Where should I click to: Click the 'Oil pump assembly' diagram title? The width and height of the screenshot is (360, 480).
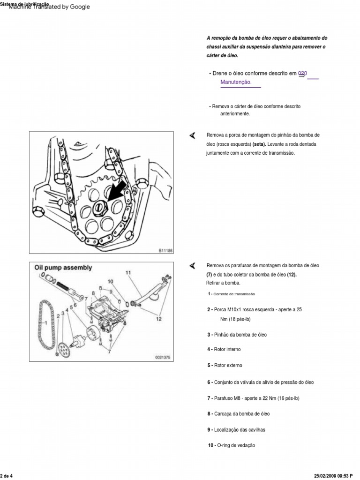click(x=63, y=268)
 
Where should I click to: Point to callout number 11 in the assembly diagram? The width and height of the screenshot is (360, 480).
click(x=128, y=272)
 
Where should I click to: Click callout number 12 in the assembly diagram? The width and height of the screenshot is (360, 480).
click(x=158, y=319)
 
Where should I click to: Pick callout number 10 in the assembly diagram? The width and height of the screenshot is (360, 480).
click(x=111, y=282)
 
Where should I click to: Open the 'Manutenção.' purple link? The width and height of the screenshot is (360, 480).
click(x=236, y=82)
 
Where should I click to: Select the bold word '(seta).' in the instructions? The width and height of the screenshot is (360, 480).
click(x=259, y=144)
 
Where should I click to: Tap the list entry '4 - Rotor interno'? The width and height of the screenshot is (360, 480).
click(x=224, y=350)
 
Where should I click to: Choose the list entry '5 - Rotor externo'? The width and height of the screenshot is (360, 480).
click(x=225, y=366)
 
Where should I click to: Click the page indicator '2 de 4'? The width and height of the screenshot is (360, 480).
click(x=7, y=476)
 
